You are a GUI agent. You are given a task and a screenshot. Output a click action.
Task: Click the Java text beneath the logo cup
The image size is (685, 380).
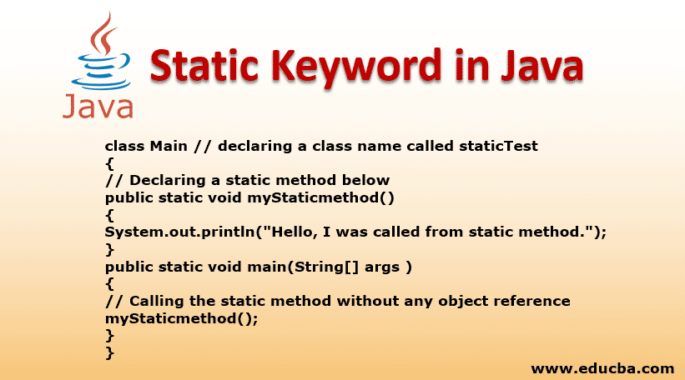pyautogui.click(x=97, y=107)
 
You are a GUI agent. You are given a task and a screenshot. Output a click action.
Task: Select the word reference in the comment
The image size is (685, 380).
pyautogui.click(x=523, y=301)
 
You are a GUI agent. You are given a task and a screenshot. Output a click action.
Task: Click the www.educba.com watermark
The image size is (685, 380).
pyautogui.click(x=602, y=367)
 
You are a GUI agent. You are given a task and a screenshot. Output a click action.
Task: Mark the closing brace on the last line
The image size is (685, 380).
pyautogui.click(x=109, y=352)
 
